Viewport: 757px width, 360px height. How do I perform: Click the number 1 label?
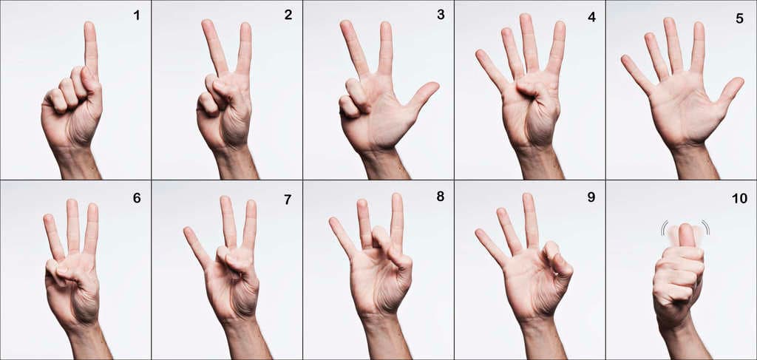[137, 16]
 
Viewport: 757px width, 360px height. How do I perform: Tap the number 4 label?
[591, 16]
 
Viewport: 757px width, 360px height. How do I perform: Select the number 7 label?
[288, 200]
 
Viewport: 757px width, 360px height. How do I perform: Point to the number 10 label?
[739, 198]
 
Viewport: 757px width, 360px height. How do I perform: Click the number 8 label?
[441, 197]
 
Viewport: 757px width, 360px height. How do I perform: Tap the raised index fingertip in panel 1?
[89, 27]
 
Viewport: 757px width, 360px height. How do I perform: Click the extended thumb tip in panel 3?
[432, 87]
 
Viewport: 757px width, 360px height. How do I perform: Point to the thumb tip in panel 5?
[736, 83]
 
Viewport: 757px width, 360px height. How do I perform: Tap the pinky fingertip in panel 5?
[626, 60]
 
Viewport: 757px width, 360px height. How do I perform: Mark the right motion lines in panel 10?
[706, 227]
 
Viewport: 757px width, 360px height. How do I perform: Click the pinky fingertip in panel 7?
[189, 232]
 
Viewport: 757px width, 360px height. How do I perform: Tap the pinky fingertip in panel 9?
[480, 234]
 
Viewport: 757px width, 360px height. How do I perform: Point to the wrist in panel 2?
[236, 162]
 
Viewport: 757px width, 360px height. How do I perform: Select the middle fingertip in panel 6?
[72, 204]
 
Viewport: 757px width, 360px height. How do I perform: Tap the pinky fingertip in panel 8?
[334, 223]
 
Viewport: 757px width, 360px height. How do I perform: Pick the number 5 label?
[739, 18]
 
